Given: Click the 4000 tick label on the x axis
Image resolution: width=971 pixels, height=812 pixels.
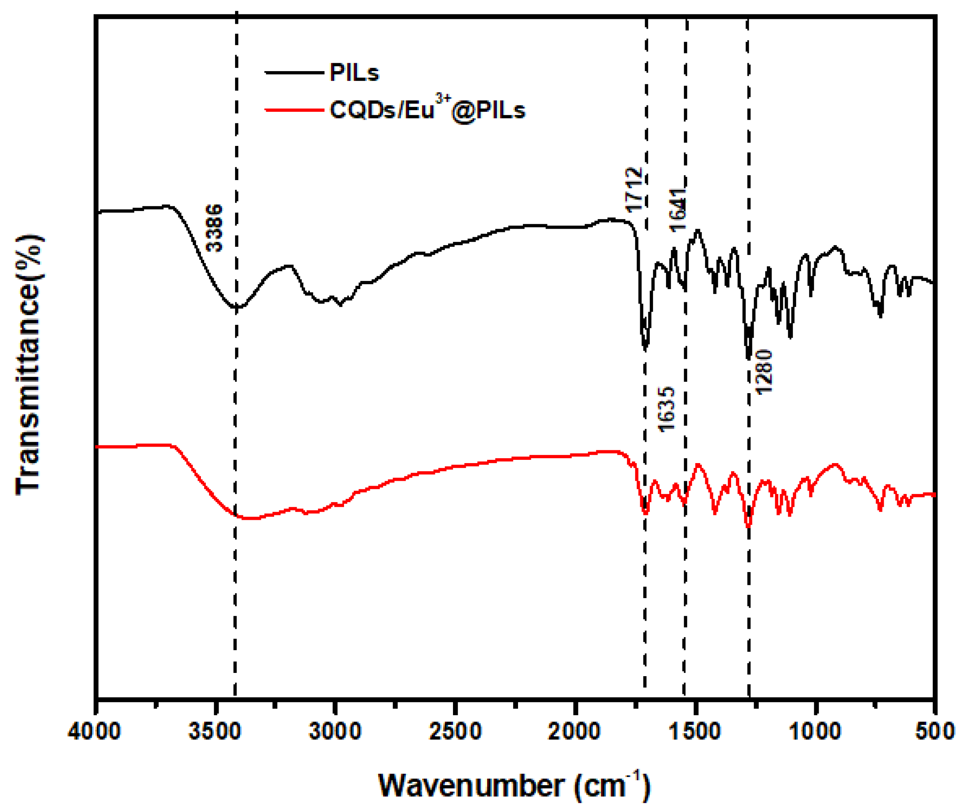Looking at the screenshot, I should click(x=94, y=732).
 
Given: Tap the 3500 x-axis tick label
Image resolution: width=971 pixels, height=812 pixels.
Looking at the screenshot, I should click(x=215, y=732).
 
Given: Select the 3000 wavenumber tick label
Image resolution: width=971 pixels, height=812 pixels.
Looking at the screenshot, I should click(x=335, y=732).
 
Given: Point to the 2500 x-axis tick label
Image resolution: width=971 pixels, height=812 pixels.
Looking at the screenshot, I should click(x=455, y=732).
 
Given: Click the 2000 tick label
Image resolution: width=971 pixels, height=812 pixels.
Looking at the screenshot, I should click(x=575, y=732).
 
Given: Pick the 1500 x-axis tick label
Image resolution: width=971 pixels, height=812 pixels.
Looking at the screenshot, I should click(x=695, y=732).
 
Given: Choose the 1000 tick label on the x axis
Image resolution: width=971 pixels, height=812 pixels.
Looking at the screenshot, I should click(x=815, y=732).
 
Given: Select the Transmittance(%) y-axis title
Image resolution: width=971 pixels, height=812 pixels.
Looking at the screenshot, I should click(x=29, y=365).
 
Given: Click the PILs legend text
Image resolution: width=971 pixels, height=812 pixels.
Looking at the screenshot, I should click(x=354, y=73).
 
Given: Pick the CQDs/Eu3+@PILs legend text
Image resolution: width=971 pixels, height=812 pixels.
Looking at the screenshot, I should click(x=427, y=110).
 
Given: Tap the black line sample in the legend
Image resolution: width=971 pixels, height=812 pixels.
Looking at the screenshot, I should click(x=294, y=73).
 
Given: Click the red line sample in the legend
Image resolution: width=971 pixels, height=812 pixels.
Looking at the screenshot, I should click(x=294, y=110).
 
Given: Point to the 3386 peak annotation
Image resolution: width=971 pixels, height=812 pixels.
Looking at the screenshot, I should click(x=214, y=228).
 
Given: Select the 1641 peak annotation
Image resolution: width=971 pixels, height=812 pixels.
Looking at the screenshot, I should click(x=678, y=210).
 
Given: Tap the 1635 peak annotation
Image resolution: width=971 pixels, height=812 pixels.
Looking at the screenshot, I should click(x=666, y=410).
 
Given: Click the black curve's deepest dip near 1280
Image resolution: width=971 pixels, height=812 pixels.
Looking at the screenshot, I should click(x=748, y=357).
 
